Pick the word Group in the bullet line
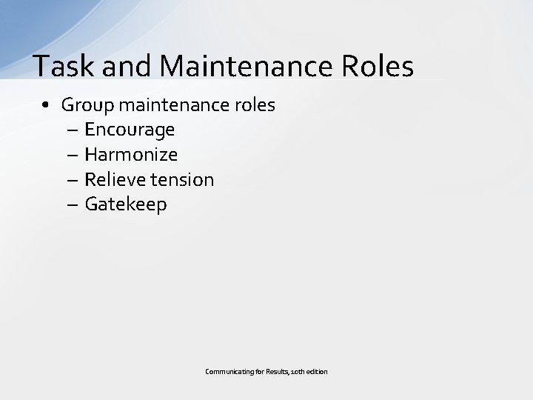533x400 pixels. (x=86, y=105)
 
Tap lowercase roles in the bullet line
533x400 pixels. (x=255, y=105)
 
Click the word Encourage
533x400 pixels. (x=130, y=130)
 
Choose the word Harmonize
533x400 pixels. (x=131, y=155)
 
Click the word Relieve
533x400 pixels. (x=113, y=179)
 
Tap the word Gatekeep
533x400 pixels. (x=126, y=204)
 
